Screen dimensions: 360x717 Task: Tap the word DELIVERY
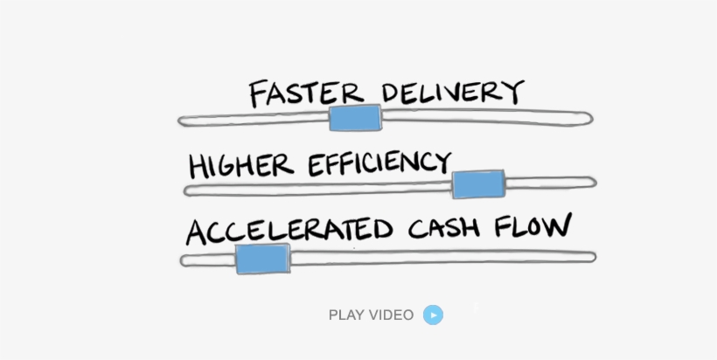[x=452, y=91]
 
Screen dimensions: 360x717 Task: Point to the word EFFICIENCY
[x=379, y=163]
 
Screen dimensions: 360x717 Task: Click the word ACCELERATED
[x=289, y=231]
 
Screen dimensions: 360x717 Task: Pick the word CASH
[x=444, y=228]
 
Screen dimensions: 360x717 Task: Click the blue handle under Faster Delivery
[x=355, y=117]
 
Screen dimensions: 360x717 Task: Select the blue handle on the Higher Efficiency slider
[x=478, y=184]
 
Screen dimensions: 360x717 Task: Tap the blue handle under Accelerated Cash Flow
[x=262, y=259]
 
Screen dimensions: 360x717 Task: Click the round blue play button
[x=433, y=315]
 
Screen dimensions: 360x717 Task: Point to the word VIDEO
[x=391, y=315]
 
